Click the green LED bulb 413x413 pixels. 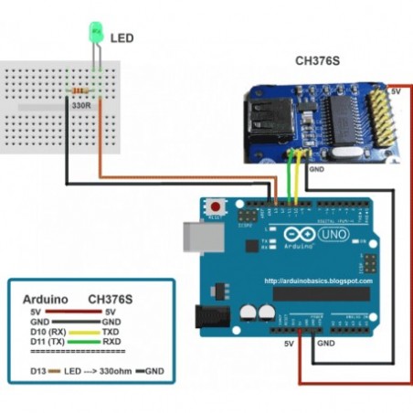click(x=93, y=34)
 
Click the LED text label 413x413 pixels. click(x=122, y=38)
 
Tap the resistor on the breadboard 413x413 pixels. click(x=79, y=91)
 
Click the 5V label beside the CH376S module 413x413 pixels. click(x=396, y=91)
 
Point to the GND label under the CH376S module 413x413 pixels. click(x=316, y=170)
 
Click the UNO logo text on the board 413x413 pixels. click(x=329, y=235)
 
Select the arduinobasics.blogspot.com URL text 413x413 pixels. click(x=317, y=282)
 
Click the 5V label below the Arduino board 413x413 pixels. click(x=289, y=344)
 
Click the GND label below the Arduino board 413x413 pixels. click(x=324, y=344)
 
